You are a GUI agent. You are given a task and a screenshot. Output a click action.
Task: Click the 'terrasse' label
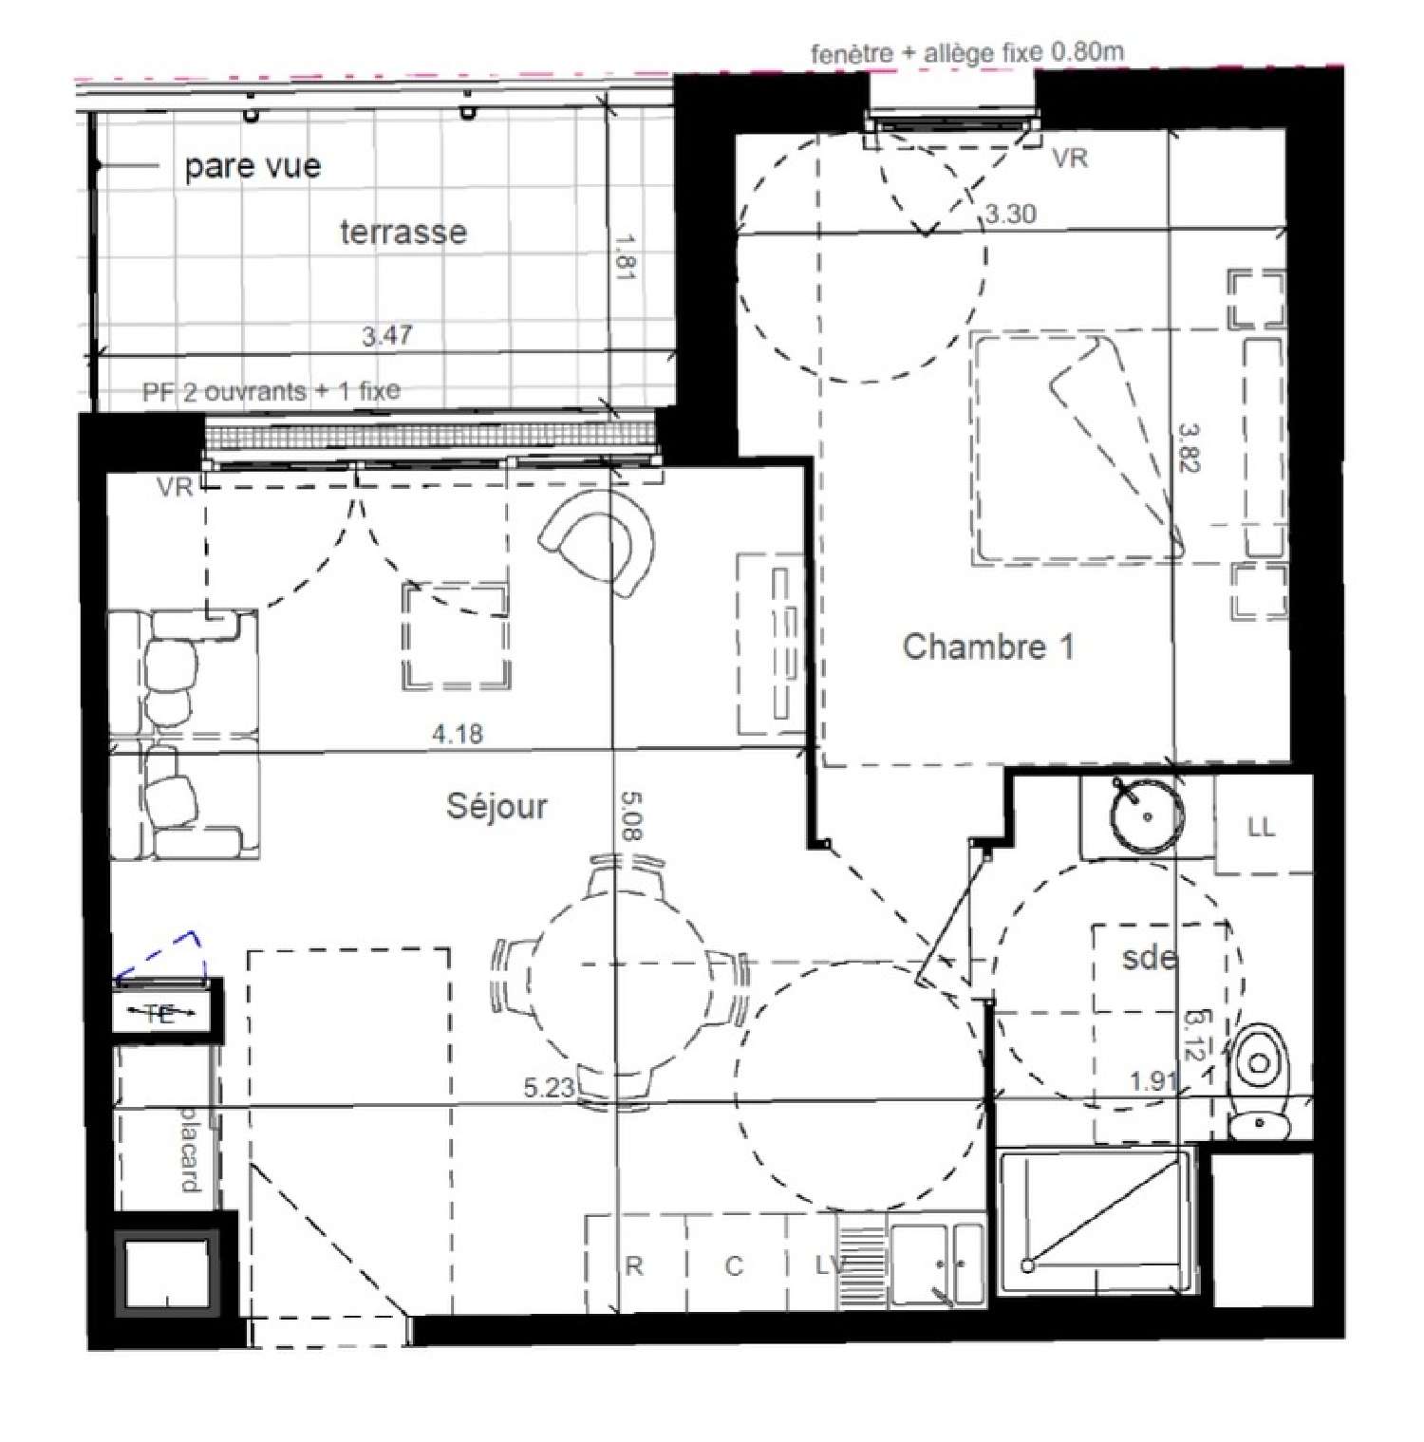(x=403, y=232)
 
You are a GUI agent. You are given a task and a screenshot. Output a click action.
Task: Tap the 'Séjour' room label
(x=497, y=806)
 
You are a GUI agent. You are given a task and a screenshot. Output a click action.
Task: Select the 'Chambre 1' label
(x=987, y=646)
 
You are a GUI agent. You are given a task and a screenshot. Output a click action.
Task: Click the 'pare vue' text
(x=253, y=166)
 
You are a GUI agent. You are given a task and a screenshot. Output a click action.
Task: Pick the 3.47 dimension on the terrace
(x=387, y=335)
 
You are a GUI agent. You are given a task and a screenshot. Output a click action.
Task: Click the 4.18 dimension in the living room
(x=458, y=734)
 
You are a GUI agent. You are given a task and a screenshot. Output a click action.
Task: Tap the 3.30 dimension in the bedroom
(x=1010, y=214)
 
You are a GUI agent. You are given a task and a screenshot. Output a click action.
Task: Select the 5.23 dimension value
(x=550, y=1088)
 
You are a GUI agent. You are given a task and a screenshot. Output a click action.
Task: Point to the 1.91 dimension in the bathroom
(x=1153, y=1081)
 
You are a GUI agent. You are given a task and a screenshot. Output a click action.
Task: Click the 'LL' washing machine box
(x=1262, y=827)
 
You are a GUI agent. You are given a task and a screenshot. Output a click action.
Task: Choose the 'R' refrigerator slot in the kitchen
(x=634, y=1265)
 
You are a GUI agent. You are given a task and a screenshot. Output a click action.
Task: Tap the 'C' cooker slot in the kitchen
(x=734, y=1265)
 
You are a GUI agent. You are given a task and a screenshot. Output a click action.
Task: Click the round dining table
(x=620, y=983)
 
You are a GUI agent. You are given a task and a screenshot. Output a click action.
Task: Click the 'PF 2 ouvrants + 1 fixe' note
(x=272, y=391)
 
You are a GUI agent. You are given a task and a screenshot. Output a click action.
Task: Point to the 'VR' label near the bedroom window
(x=1071, y=159)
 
